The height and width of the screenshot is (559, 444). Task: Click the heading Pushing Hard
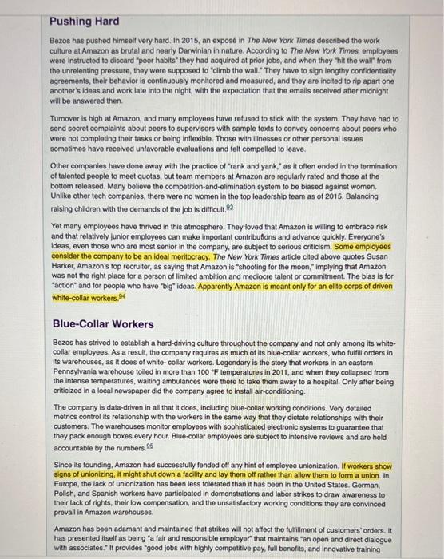[84, 20]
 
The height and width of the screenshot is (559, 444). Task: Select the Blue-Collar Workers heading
[103, 323]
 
